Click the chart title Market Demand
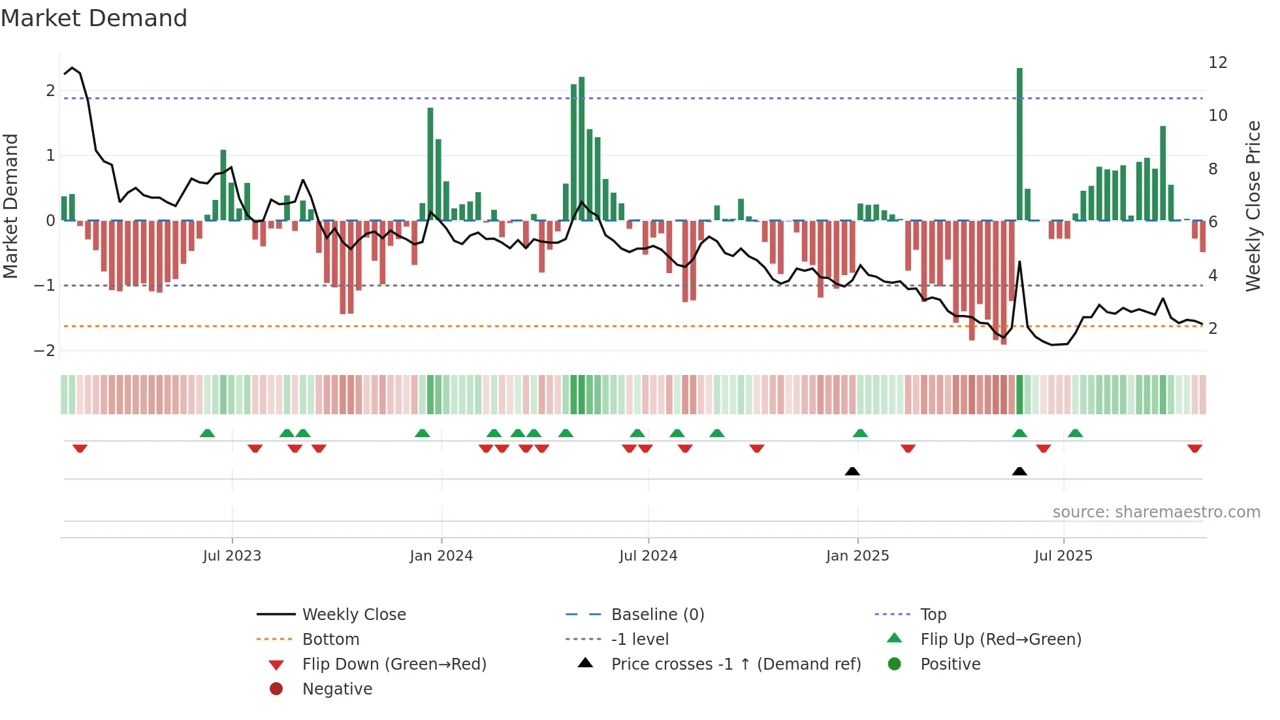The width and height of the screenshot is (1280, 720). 94,18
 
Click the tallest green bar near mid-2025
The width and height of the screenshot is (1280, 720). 1019,144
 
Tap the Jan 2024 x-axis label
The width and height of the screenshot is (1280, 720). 441,556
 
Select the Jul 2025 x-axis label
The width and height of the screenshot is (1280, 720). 1063,556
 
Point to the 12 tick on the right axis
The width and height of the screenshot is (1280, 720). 1217,63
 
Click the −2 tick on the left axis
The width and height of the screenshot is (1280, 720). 44,351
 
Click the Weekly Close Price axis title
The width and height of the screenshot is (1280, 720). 1253,206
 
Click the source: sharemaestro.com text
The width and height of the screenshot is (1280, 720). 1156,512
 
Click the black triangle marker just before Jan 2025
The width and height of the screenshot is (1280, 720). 852,471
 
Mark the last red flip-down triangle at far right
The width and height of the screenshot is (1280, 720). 1194,449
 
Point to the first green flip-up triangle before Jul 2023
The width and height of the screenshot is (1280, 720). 207,433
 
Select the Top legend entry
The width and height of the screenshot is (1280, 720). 933,615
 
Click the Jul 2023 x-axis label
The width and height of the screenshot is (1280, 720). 232,556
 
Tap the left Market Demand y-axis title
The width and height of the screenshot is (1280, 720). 11,206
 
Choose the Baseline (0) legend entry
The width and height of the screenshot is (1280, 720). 657,615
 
